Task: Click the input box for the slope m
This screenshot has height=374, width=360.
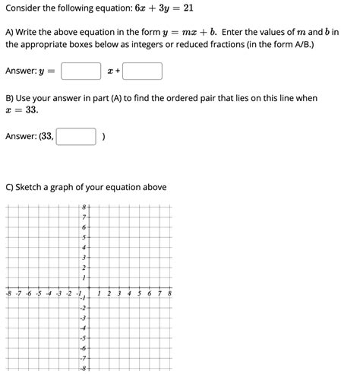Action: [81, 71]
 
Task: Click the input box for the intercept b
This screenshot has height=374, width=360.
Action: [143, 71]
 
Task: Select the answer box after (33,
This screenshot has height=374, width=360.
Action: [77, 137]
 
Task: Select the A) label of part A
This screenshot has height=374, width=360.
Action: [11, 32]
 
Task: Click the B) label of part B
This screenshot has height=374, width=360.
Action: [11, 98]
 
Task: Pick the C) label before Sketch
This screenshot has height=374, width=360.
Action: [11, 187]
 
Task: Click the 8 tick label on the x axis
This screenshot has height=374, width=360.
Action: [169, 293]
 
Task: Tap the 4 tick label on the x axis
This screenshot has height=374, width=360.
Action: [129, 293]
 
